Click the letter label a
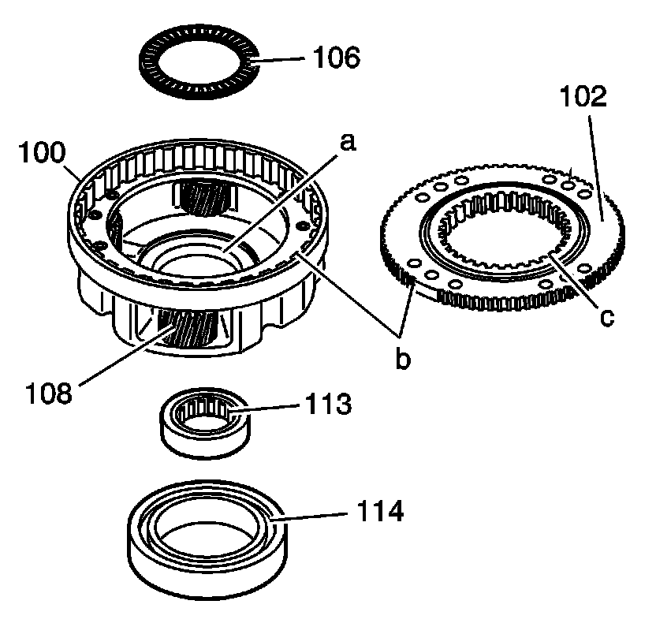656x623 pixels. tap(346, 143)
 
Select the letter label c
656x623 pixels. tap(605, 317)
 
